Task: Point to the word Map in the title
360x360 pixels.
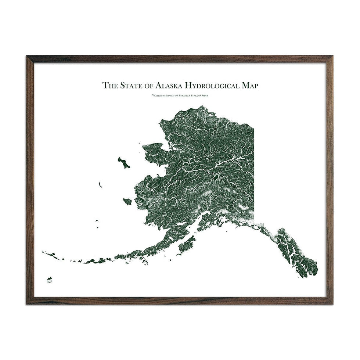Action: tap(250, 86)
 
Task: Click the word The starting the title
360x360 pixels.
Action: tap(109, 86)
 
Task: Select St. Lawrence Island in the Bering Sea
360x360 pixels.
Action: tap(124, 162)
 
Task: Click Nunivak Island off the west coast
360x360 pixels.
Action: tap(127, 201)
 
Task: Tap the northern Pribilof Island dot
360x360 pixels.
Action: tap(97, 221)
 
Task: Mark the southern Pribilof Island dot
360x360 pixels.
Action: tap(98, 227)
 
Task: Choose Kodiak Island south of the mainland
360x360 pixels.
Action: tap(187, 245)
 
